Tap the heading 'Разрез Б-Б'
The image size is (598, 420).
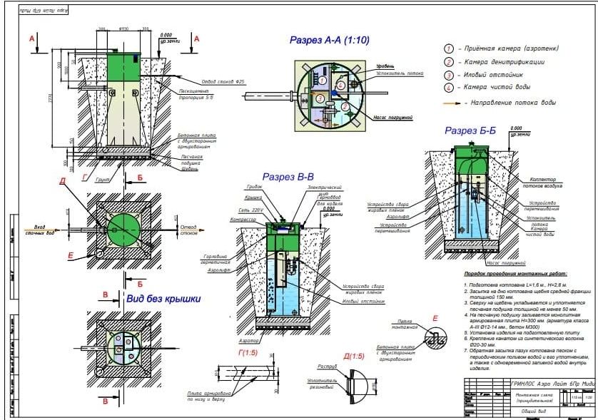click(470, 130)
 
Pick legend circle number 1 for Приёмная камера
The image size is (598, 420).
click(449, 48)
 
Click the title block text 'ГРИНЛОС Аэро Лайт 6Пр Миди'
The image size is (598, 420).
click(553, 384)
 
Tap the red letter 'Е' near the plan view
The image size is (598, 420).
click(70, 254)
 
